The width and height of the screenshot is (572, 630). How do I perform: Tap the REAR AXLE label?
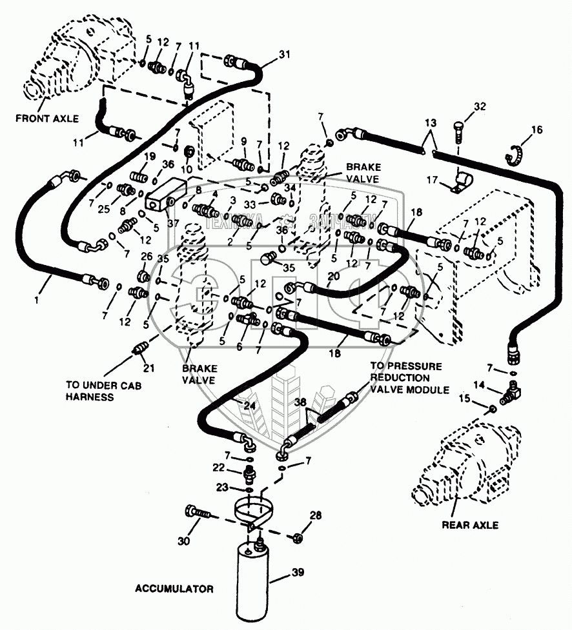pos(470,525)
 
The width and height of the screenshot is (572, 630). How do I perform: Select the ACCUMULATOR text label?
pos(174,589)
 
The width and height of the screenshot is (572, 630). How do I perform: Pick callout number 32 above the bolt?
pos(480,106)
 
